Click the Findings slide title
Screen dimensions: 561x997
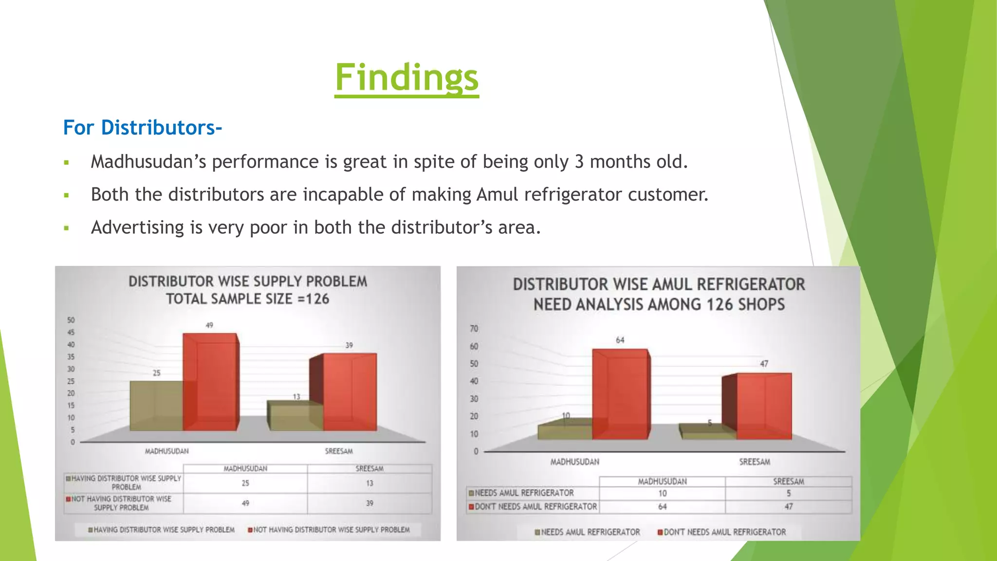click(x=406, y=77)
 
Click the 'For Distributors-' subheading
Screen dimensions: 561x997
click(x=142, y=128)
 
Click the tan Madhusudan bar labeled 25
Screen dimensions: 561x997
click(x=156, y=406)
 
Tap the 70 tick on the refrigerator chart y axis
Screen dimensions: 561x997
click(x=474, y=329)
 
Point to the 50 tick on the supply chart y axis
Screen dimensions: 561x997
click(x=71, y=320)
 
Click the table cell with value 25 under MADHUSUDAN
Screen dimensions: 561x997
click(x=245, y=483)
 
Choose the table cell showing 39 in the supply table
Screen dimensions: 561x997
click(x=369, y=503)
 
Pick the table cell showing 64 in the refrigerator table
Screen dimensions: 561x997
click(x=662, y=506)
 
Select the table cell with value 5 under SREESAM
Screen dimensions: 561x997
click(x=788, y=493)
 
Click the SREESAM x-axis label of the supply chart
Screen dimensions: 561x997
click(x=339, y=451)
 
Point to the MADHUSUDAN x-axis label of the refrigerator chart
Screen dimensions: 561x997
click(x=574, y=462)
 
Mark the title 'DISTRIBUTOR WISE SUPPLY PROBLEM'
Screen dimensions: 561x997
click(x=247, y=281)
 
